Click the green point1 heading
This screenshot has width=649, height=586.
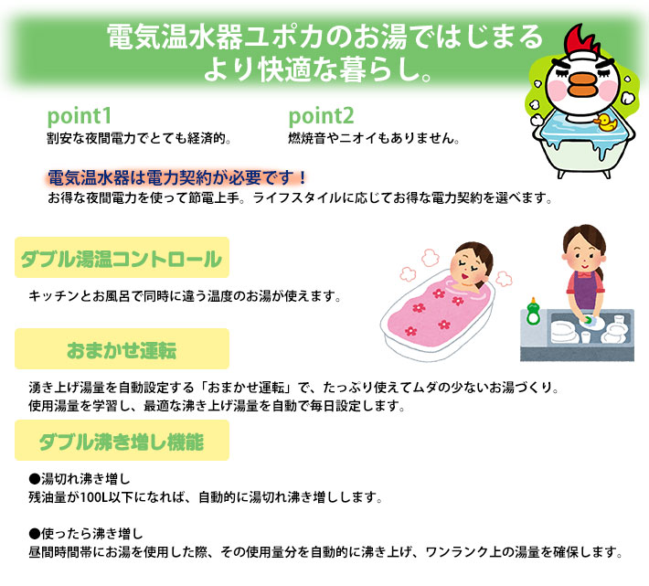tap(79, 118)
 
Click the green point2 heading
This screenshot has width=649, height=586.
tap(321, 118)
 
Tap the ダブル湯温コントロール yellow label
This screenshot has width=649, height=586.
tap(121, 259)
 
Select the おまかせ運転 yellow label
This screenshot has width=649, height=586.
tap(121, 351)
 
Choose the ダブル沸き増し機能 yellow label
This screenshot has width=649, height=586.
tap(121, 442)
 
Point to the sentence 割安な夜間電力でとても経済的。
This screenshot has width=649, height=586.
tap(138, 140)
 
